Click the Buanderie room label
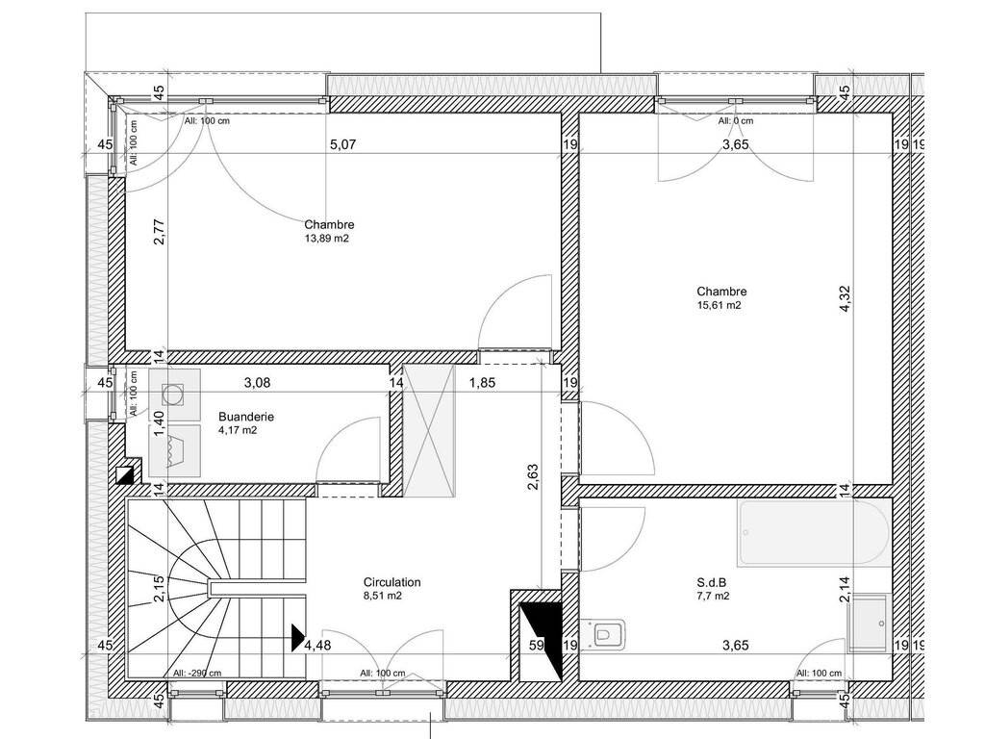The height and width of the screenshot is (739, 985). [245, 417]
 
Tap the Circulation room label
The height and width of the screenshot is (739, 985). [392, 582]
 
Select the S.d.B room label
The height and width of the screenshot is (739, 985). [712, 582]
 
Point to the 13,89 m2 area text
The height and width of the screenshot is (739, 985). [327, 239]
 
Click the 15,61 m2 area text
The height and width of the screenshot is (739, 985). [719, 305]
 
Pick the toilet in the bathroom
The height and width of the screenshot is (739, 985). [604, 633]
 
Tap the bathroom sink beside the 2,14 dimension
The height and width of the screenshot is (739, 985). [868, 624]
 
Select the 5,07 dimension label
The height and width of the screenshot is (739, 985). [343, 144]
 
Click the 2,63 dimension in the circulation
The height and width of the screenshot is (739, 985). [532, 477]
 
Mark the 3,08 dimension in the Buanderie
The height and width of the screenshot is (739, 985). [257, 382]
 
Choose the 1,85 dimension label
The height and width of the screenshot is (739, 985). [483, 382]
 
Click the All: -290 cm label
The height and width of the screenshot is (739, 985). [197, 673]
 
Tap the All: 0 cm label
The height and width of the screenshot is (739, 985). [736, 120]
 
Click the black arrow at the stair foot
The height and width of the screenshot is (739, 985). [298, 637]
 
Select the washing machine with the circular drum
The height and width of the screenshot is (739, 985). [175, 395]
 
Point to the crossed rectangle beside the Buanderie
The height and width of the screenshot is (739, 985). [429, 431]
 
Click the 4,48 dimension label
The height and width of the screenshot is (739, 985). [317, 646]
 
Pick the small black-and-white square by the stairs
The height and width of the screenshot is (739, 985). [125, 474]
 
